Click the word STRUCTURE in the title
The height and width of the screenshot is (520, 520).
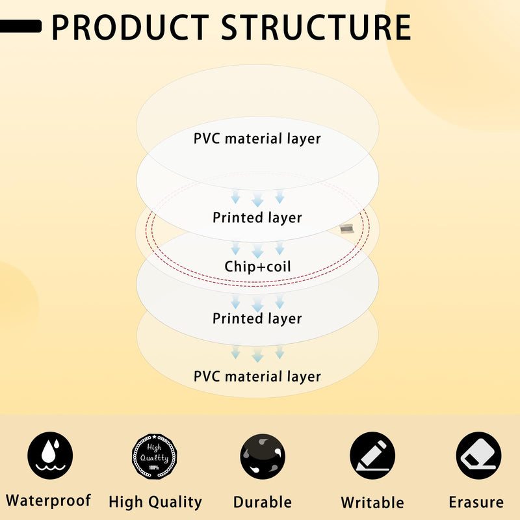316,27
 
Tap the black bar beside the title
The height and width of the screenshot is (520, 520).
21,26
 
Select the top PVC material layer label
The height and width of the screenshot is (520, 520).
257,138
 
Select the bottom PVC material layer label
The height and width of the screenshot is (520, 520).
257,377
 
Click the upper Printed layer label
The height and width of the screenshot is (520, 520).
257,218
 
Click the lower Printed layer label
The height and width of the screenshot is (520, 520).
257,318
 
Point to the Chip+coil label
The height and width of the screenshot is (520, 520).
257,266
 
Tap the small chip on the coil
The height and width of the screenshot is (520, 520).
347,229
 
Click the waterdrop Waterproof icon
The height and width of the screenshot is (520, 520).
50,456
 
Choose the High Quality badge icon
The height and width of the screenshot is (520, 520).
154,456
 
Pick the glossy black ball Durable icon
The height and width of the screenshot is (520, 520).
263,456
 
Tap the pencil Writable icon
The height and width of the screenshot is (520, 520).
372,456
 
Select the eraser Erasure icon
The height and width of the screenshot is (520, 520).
478,456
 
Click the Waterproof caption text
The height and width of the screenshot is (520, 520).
48,500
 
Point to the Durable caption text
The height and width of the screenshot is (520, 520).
263,502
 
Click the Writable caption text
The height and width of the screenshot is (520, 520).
372,502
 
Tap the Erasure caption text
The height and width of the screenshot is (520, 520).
476,502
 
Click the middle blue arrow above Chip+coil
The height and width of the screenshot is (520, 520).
257,250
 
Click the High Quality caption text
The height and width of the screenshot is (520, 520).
155,502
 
